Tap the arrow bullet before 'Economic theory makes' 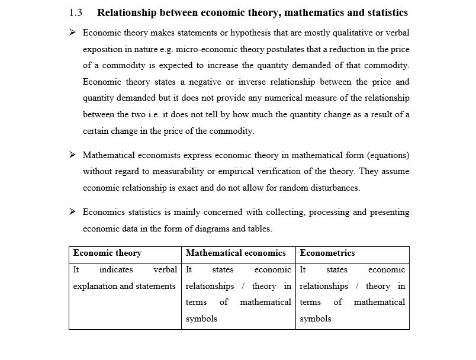coord(72,33)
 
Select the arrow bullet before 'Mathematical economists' coord(72,155)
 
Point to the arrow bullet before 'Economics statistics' coord(72,211)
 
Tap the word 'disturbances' coord(335,188)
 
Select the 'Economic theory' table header coord(107,253)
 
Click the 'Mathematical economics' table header coord(236,253)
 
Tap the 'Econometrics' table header coord(327,253)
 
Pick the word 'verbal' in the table coord(165,269)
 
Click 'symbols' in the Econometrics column coord(316,319)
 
